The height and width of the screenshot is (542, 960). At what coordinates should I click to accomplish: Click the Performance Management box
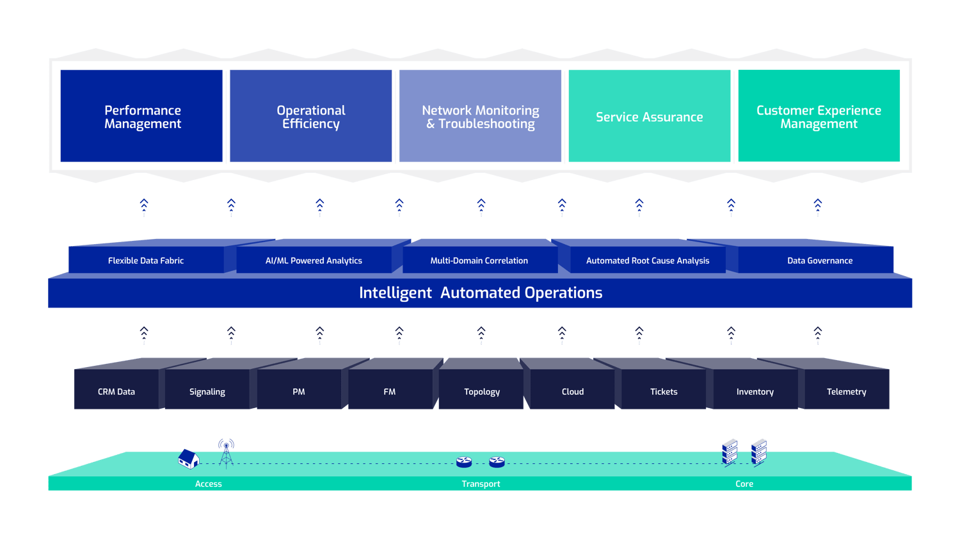coord(141,116)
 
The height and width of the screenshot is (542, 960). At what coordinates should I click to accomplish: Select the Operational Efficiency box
coord(310,116)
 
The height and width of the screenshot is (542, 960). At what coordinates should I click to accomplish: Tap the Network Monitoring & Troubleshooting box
coord(480,116)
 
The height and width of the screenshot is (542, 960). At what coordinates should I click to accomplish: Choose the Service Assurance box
coord(649,116)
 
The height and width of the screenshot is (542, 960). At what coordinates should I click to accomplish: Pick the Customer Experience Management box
coord(819,116)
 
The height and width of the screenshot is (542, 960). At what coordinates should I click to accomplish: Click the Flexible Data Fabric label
coord(146,261)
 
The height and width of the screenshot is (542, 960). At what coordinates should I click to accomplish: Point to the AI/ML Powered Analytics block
coord(314,261)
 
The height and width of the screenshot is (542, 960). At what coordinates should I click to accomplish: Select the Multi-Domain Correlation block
coord(479,261)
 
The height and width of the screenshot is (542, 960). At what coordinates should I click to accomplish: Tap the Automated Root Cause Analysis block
coord(648,261)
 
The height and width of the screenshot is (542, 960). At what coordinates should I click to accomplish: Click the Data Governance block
coord(819,261)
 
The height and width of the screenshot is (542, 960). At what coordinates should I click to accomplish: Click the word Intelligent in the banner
coord(395,293)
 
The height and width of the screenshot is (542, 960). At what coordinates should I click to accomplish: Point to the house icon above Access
coord(188,459)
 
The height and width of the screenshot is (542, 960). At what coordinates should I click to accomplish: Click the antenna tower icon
coord(226,452)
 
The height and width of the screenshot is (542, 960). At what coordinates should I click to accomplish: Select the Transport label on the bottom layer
coord(481,484)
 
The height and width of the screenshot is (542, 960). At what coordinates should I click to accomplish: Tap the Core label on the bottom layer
coord(744,484)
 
